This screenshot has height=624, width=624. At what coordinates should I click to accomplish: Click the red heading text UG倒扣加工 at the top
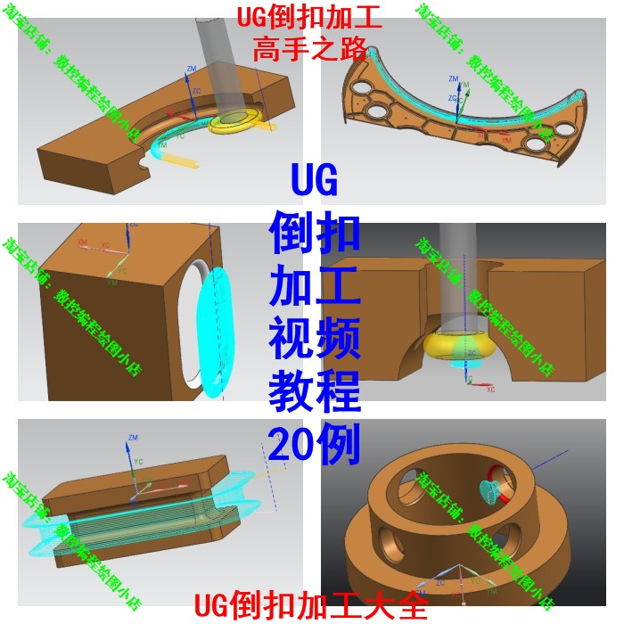click(309, 18)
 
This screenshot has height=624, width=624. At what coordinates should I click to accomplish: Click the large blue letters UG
click(315, 181)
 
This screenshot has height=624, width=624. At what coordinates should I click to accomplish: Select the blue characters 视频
click(315, 339)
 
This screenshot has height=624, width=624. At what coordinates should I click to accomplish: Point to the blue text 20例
click(315, 443)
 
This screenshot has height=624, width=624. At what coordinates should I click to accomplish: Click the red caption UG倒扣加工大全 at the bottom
click(311, 607)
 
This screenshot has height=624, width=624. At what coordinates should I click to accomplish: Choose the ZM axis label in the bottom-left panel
click(133, 438)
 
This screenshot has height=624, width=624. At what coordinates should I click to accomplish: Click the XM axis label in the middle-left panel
click(83, 242)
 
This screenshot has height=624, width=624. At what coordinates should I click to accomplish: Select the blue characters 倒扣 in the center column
click(315, 234)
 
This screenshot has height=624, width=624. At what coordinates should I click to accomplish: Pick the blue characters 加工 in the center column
click(315, 286)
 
